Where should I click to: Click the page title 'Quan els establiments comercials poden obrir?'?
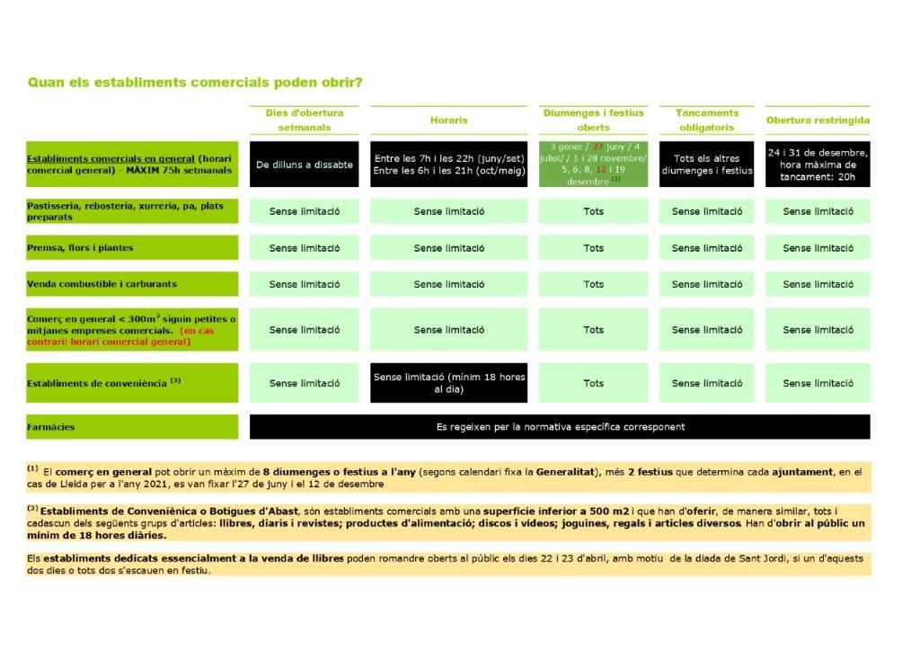[195, 83]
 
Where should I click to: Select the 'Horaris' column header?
[448, 120]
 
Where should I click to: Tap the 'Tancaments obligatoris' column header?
[706, 120]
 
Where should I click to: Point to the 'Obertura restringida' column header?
[818, 120]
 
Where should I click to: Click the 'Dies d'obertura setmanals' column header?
[305, 120]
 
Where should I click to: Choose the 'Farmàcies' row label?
[51, 427]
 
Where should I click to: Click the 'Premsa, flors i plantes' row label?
[80, 247]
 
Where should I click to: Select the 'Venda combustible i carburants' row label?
[102, 284]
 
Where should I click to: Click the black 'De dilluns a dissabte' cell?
[305, 165]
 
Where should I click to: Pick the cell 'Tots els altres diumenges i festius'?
[706, 165]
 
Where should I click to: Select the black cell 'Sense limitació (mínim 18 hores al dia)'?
[448, 383]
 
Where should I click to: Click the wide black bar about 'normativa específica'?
[560, 427]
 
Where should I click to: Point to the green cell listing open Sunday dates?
[593, 164]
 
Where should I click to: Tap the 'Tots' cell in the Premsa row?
[593, 248]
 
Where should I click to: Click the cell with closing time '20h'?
[818, 165]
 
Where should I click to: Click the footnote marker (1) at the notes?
[32, 468]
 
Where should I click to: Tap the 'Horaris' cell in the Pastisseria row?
[448, 211]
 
